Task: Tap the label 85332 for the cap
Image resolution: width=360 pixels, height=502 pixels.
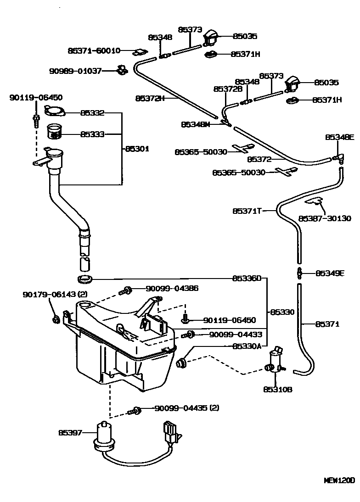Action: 92,112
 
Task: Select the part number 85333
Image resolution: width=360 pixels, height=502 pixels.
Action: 92,134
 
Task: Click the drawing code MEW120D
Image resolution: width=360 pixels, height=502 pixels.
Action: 339,480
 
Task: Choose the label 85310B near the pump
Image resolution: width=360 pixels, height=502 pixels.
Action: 278,390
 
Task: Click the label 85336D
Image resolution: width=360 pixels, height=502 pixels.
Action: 247,278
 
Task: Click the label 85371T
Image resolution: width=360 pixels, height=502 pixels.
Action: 247,211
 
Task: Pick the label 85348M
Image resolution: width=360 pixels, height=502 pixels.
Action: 195,124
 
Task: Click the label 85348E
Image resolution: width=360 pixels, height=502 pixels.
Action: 340,137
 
